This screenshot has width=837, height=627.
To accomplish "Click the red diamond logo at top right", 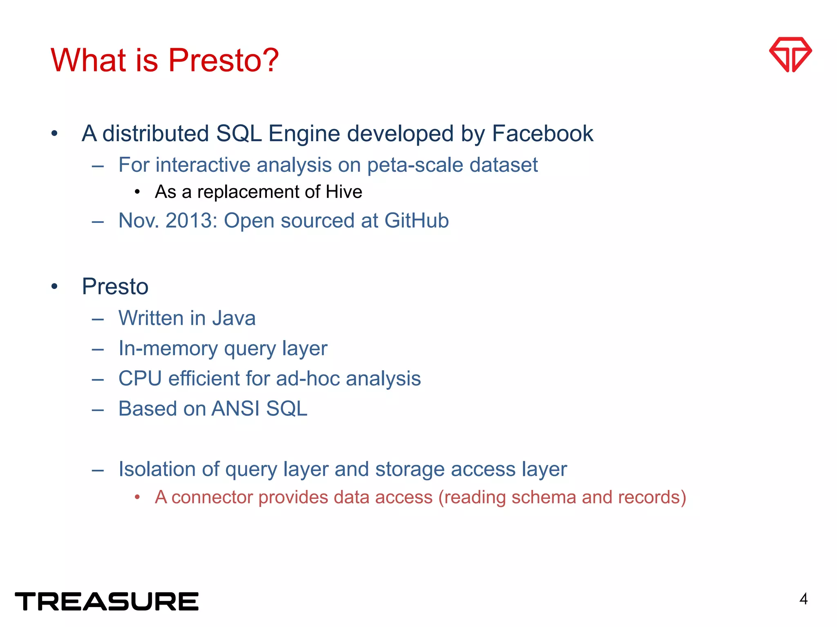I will point(790,55).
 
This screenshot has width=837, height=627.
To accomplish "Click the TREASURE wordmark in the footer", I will point(107,601).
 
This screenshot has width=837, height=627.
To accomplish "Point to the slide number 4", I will point(803,599).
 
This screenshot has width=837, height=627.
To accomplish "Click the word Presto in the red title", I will point(224,60).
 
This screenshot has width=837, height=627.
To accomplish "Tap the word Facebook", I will point(542,133).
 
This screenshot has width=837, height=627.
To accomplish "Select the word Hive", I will point(344,192).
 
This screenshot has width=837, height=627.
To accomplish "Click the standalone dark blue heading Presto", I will point(115,287).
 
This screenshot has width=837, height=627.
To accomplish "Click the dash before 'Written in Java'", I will point(98,319).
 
